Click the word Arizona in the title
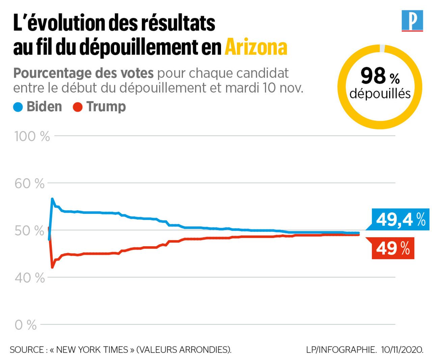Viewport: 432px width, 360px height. click(x=256, y=47)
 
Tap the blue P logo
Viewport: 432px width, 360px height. click(x=412, y=21)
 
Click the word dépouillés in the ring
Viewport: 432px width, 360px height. click(x=380, y=93)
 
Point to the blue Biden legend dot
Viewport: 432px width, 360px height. click(x=18, y=107)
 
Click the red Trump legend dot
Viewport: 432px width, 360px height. click(x=78, y=107)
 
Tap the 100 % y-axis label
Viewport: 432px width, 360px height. click(x=32, y=136)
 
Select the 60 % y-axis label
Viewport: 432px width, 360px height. click(x=29, y=184)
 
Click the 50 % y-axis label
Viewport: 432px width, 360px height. click(x=29, y=231)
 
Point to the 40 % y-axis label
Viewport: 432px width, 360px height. click(x=29, y=278)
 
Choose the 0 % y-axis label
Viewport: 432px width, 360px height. click(x=26, y=325)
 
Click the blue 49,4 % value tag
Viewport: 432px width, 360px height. click(x=400, y=220)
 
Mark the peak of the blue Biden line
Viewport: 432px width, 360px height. click(x=52, y=199)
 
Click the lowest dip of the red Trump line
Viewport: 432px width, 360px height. click(x=52, y=267)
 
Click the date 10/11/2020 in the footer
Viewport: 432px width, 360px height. click(x=402, y=350)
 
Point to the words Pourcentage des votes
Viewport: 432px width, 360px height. click(x=83, y=73)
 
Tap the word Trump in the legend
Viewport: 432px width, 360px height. click(x=106, y=107)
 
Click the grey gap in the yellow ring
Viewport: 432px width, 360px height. click(x=382, y=48)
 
